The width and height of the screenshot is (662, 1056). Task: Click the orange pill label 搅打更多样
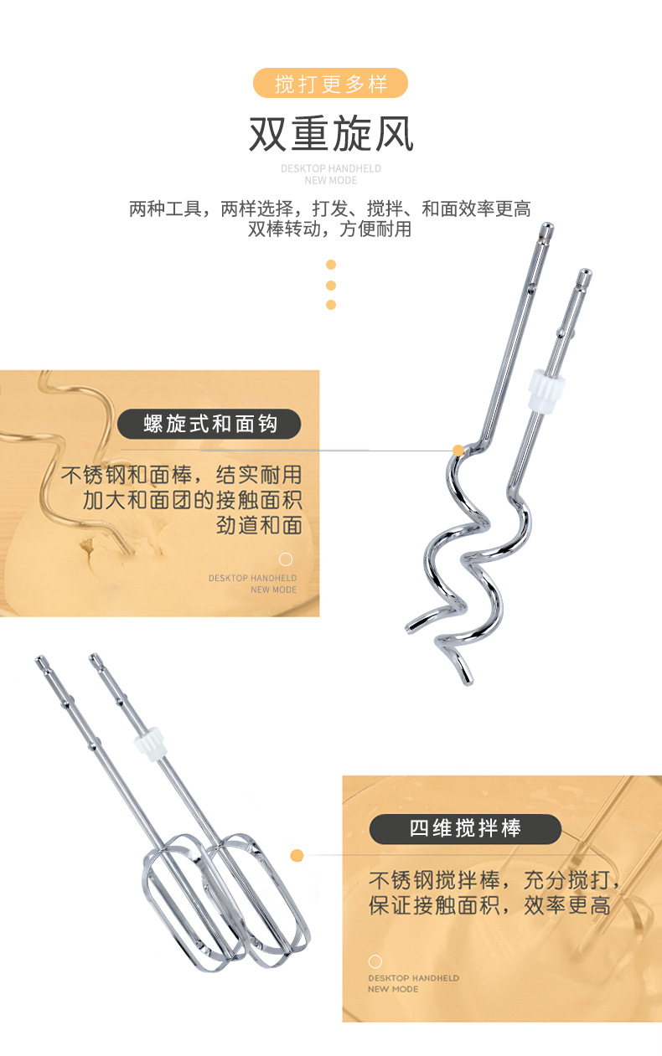[331, 84]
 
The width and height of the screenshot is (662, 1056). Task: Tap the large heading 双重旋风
[331, 134]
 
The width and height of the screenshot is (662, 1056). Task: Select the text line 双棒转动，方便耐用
[330, 229]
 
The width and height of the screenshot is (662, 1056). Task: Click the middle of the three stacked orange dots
[331, 285]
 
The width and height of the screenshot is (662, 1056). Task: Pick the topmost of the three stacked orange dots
[331, 265]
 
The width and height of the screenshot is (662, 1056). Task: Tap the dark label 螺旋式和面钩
[209, 424]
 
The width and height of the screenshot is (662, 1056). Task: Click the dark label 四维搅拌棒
[465, 829]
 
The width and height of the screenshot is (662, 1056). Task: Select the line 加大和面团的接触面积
[192, 501]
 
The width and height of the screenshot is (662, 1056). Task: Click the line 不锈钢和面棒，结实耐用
[181, 475]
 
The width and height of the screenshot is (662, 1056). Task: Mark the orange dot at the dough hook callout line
[458, 451]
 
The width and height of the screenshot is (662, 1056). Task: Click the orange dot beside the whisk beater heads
[297, 855]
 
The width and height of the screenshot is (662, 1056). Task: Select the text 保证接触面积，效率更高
[489, 905]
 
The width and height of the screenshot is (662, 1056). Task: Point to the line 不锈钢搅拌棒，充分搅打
[494, 880]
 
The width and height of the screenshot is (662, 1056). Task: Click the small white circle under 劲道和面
[286, 559]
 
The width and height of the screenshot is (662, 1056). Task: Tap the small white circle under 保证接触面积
[375, 961]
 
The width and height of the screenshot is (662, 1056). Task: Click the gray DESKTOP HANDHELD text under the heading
[330, 168]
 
